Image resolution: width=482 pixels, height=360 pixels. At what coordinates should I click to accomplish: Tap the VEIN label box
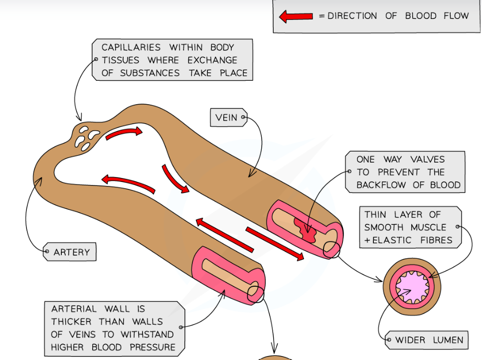click(x=227, y=118)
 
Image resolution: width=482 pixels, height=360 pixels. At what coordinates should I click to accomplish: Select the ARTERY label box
click(x=71, y=252)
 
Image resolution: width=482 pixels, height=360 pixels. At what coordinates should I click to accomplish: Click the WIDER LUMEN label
click(x=429, y=341)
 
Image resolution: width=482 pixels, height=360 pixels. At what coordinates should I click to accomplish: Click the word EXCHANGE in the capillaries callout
click(x=212, y=60)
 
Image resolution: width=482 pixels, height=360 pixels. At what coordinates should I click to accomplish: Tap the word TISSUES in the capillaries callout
click(x=121, y=60)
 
